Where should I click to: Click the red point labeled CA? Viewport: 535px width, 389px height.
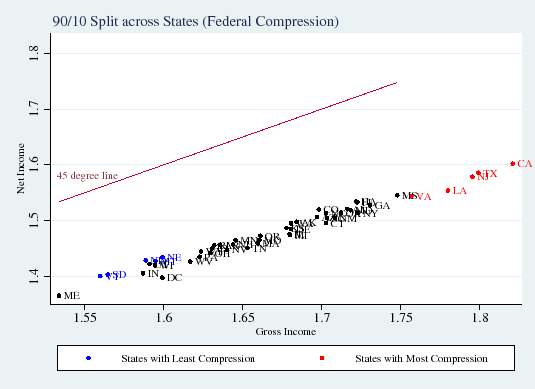(512, 164)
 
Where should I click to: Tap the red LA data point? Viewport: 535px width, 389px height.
(448, 190)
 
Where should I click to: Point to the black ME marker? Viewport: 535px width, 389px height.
(59, 295)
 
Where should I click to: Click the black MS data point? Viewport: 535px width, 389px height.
(397, 195)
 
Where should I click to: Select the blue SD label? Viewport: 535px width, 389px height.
(116, 275)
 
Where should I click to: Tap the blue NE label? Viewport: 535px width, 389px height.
(173, 257)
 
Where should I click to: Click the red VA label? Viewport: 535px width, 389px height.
(421, 197)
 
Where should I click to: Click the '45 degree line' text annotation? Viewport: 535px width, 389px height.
(87, 176)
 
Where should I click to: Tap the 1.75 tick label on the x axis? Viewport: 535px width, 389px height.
(400, 318)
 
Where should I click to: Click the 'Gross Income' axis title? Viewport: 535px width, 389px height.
(286, 331)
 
